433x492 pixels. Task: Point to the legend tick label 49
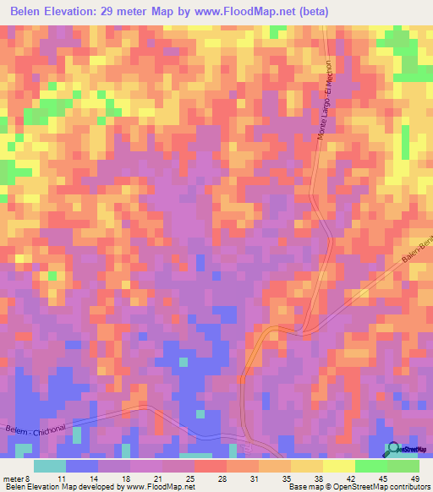(x=414, y=478)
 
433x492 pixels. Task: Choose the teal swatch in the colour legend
(x=50, y=466)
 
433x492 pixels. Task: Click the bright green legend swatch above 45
(x=370, y=466)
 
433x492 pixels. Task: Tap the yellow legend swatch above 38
(x=306, y=466)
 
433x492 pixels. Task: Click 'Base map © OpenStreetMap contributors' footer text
(x=358, y=488)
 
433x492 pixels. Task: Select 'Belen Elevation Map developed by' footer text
(x=61, y=488)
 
